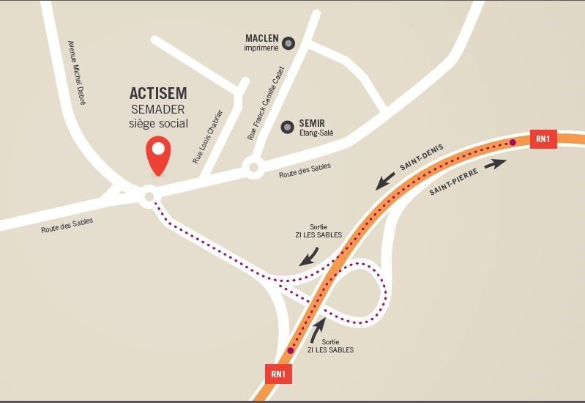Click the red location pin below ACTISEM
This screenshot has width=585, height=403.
pyautogui.click(x=158, y=155)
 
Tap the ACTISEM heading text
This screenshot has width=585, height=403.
pyautogui.click(x=158, y=94)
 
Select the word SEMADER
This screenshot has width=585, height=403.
pyautogui.click(x=158, y=109)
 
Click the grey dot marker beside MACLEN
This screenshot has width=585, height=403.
pyautogui.click(x=288, y=44)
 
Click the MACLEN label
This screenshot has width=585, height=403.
pyautogui.click(x=261, y=38)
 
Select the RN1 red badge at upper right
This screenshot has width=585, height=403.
pyautogui.click(x=543, y=138)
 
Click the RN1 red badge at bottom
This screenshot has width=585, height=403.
pyautogui.click(x=278, y=374)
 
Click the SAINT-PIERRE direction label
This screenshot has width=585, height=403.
pyautogui.click(x=454, y=181)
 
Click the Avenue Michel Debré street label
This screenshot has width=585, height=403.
pyautogui.click(x=77, y=73)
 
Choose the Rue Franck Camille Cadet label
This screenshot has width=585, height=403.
pyautogui.click(x=266, y=103)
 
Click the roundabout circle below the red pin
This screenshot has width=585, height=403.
pyautogui.click(x=149, y=196)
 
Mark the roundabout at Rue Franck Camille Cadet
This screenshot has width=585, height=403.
pyautogui.click(x=254, y=169)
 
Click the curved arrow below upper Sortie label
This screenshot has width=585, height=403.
pyautogui.click(x=310, y=255)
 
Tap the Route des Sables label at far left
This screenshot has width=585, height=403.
pyautogui.click(x=67, y=226)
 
